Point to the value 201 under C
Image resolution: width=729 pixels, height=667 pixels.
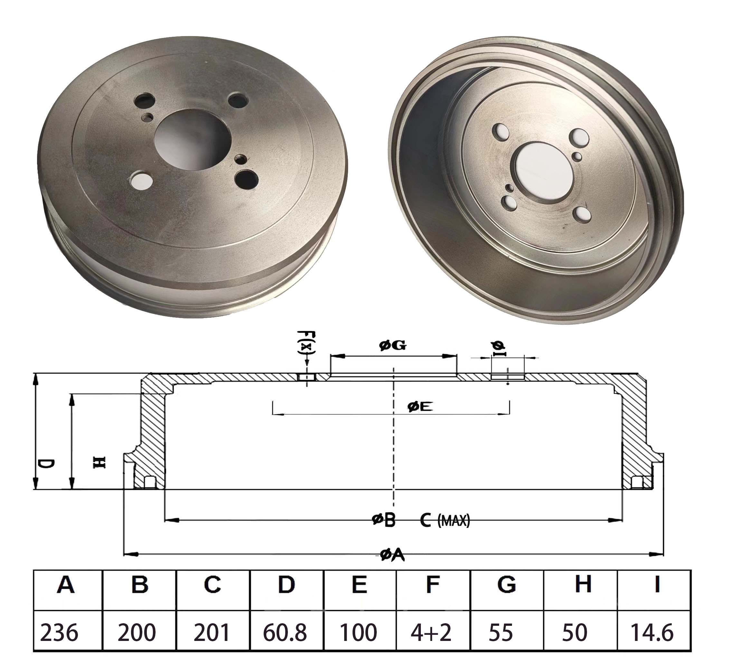tap(212, 633)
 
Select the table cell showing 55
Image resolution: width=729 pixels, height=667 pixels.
tap(501, 633)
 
